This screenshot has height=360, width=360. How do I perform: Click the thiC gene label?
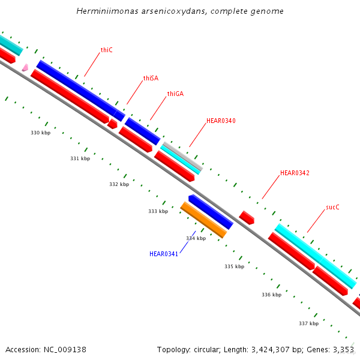pyautogui.click(x=107, y=50)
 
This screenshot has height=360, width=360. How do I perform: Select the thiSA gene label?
pyautogui.click(x=151, y=78)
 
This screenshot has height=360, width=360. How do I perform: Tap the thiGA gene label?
pyautogui.click(x=175, y=94)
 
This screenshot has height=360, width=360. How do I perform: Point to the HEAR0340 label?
pyautogui.click(x=221, y=121)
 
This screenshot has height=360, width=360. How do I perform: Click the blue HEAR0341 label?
pyautogui.click(x=164, y=254)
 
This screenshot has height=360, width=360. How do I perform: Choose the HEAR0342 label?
pyautogui.click(x=295, y=173)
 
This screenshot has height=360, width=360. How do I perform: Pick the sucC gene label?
pyautogui.click(x=332, y=207)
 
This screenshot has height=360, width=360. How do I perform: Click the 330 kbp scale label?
pyautogui.click(x=40, y=133)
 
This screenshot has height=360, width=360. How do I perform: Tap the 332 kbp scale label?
pyautogui.click(x=119, y=184)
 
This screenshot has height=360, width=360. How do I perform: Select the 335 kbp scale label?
pyautogui.click(x=234, y=266)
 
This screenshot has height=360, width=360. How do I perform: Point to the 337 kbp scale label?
pyautogui.click(x=308, y=323)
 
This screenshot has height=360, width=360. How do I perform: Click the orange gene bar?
pyautogui.click(x=203, y=220)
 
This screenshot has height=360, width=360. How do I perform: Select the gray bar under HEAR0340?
pyautogui.click(x=182, y=157)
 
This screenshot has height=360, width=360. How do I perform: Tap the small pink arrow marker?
pyautogui.click(x=25, y=67)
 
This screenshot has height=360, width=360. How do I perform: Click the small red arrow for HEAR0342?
pyautogui.click(x=247, y=217)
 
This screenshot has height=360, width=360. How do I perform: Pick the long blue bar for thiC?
pyautogui.click(x=76, y=87)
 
